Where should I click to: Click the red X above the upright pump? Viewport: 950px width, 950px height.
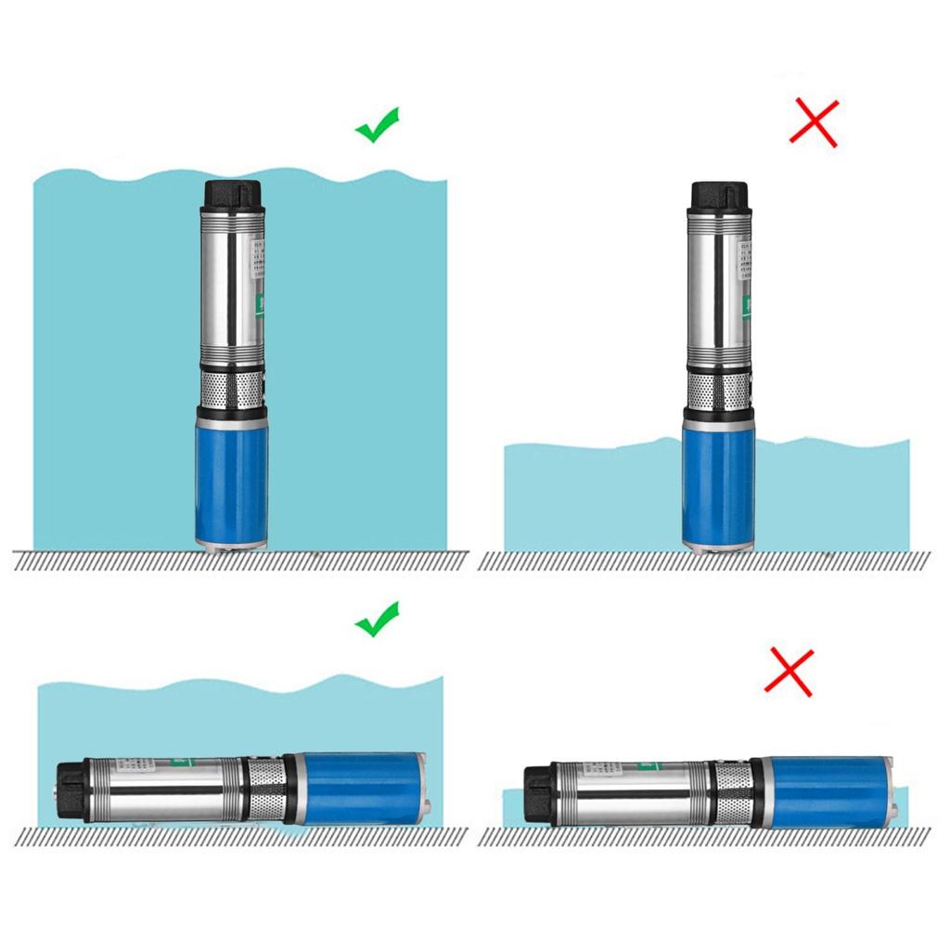click(x=814, y=123)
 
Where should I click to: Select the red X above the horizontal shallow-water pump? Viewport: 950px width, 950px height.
click(x=789, y=673)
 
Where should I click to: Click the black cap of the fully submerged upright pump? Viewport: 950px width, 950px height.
click(x=232, y=194)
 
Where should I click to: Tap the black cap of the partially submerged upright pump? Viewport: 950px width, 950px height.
click(x=719, y=195)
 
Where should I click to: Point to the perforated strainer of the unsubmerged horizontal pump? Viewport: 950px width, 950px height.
click(x=733, y=793)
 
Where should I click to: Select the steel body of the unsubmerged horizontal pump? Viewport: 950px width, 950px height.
click(x=631, y=793)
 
